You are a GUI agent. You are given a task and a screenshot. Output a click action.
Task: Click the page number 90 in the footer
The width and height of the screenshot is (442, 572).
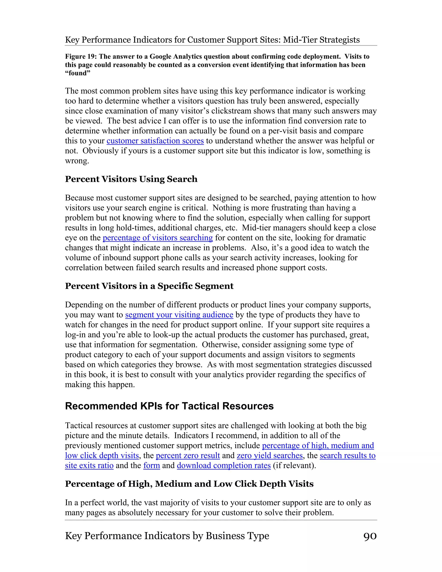(x=370, y=536)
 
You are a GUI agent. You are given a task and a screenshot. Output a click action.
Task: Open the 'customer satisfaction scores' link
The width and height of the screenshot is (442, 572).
(x=155, y=141)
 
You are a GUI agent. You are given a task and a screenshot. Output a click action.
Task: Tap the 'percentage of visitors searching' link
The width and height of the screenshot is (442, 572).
(x=158, y=238)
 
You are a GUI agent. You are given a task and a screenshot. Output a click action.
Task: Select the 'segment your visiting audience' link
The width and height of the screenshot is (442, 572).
(x=179, y=315)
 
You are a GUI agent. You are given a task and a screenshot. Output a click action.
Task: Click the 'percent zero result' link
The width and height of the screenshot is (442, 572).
(x=188, y=455)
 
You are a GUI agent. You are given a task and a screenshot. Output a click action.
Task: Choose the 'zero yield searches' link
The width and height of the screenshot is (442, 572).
(x=270, y=455)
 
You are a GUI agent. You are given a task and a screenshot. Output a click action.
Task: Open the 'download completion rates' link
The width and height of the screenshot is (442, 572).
(x=224, y=465)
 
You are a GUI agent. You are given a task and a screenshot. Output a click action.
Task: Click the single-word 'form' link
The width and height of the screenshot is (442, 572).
(x=152, y=465)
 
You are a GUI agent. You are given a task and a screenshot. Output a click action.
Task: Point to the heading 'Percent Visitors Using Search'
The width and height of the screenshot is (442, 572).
(x=131, y=179)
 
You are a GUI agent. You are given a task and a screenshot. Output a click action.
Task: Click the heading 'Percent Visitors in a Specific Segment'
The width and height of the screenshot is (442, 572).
(x=149, y=286)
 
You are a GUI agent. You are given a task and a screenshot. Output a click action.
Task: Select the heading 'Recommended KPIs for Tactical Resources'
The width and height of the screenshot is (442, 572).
(x=169, y=406)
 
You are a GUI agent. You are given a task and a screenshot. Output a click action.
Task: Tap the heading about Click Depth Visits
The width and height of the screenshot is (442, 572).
(x=189, y=484)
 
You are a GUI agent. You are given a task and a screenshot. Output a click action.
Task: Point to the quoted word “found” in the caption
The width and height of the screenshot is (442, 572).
(x=77, y=73)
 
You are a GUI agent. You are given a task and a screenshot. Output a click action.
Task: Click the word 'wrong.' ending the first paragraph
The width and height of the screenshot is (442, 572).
(x=77, y=161)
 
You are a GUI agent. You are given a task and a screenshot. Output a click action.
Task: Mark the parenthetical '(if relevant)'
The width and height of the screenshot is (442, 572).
(x=294, y=465)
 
